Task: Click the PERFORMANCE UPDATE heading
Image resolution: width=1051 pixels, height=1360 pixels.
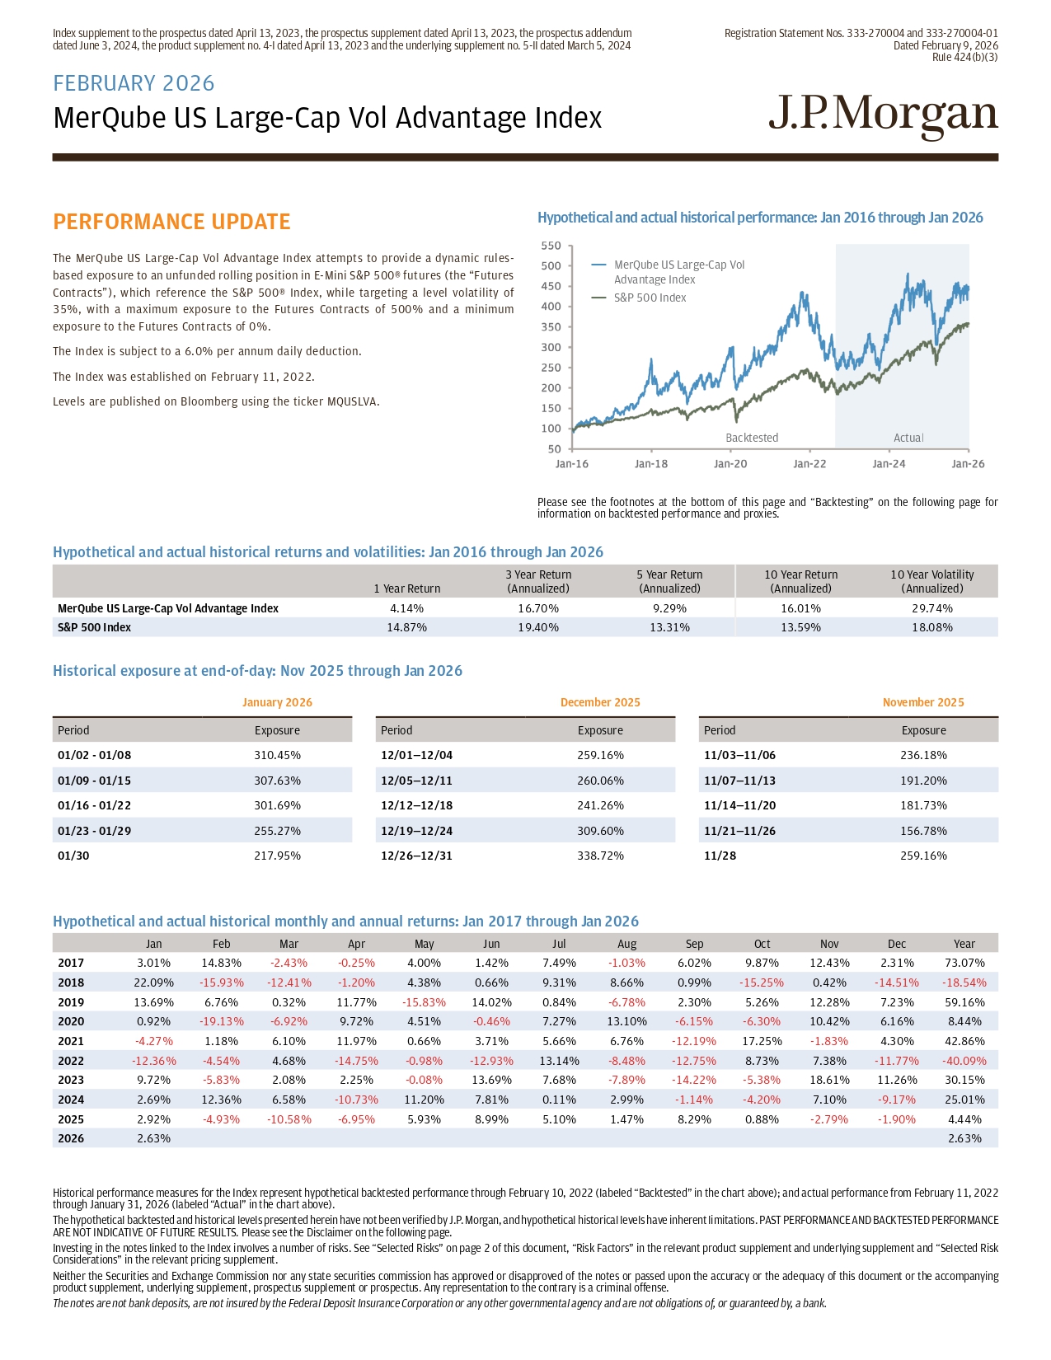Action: click(171, 222)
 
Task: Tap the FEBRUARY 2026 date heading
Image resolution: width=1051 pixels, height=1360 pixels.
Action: click(134, 83)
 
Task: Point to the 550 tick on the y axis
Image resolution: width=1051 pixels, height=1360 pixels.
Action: click(551, 246)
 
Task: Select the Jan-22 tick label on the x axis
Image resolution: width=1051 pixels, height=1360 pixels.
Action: click(809, 464)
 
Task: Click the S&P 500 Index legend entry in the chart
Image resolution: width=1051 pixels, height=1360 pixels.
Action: click(650, 298)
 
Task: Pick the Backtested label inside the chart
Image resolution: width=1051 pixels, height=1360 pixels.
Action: click(751, 438)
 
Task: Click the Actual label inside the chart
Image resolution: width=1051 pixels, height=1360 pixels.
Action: click(908, 438)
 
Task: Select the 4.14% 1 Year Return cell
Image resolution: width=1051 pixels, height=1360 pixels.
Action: click(406, 608)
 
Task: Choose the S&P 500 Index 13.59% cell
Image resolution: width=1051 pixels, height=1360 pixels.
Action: click(800, 627)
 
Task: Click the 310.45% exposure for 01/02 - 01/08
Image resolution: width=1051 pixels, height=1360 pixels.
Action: click(277, 755)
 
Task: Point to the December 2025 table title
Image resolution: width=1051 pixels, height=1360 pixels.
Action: click(599, 702)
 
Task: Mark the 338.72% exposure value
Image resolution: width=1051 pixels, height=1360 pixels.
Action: click(600, 856)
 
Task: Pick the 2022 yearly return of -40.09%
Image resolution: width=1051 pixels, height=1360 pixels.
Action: click(964, 1061)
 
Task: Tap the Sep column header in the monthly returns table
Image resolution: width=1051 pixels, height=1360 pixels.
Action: click(694, 944)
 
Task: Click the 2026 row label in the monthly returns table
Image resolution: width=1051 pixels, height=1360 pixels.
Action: click(71, 1138)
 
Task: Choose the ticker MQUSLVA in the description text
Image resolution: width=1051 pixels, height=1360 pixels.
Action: click(352, 401)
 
